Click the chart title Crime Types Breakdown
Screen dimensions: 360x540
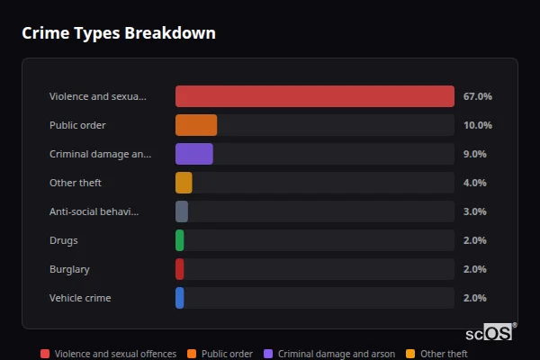tap(118, 33)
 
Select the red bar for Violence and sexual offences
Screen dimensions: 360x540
tap(314, 96)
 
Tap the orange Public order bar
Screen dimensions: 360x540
tap(196, 125)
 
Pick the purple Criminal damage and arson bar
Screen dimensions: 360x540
tap(194, 154)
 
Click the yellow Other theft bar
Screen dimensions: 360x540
tap(184, 183)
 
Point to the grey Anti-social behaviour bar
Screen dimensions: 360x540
tap(182, 211)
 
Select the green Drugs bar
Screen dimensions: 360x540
tap(180, 240)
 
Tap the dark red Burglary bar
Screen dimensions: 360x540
tap(180, 269)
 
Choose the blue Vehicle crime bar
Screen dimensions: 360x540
tap(180, 298)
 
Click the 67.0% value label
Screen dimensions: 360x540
tap(477, 96)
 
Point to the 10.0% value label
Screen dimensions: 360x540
tap(477, 125)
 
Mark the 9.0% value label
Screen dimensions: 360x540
tap(474, 154)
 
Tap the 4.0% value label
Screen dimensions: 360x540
tap(474, 183)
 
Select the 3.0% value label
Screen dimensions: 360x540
tap(474, 211)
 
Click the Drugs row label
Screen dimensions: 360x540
tap(64, 240)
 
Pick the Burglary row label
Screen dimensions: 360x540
tap(69, 269)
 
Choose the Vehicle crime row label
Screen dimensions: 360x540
tap(80, 298)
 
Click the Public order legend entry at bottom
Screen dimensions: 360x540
tap(220, 355)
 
